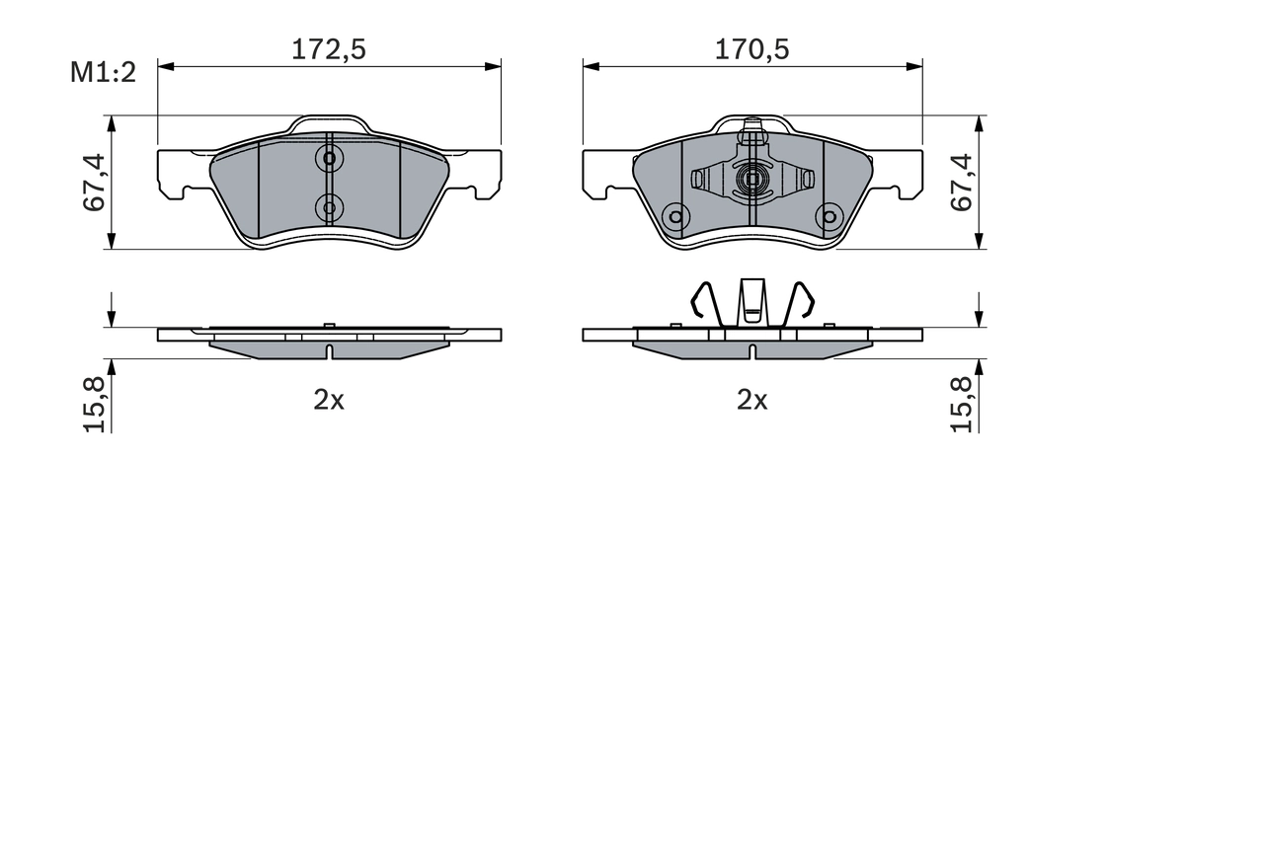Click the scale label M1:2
[x=102, y=72]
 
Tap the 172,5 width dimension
[x=328, y=49]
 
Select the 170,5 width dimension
[x=752, y=49]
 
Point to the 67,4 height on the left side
[x=95, y=183]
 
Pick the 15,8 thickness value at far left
[x=95, y=403]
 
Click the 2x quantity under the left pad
[x=328, y=400]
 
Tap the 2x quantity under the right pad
[x=751, y=400]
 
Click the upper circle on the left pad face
[x=329, y=158]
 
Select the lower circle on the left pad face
[x=329, y=207]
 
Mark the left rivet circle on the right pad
[x=675, y=217]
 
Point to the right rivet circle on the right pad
[x=829, y=217]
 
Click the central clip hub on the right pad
[x=752, y=180]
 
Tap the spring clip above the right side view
[x=752, y=303]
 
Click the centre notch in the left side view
[x=329, y=350]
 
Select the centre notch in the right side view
[x=752, y=350]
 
